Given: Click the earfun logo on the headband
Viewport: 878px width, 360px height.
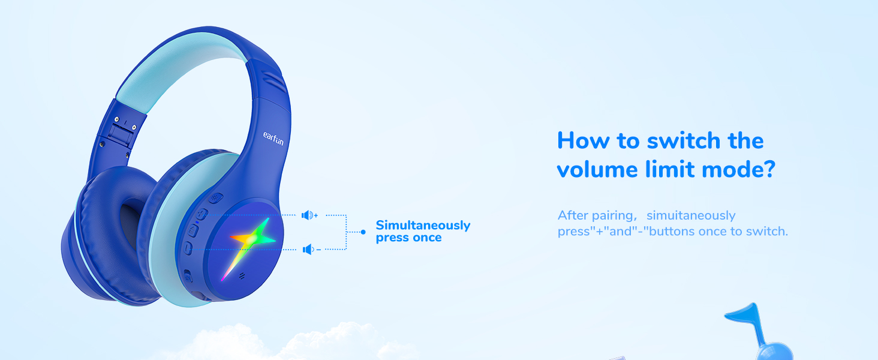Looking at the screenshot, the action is coord(273,139).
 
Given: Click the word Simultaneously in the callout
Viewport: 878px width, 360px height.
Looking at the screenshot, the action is coord(423,226).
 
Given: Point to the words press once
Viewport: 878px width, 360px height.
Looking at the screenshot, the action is coord(409,238).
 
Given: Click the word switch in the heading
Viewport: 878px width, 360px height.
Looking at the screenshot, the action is coord(684,140).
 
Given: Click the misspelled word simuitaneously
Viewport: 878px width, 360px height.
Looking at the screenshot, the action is coord(691,215).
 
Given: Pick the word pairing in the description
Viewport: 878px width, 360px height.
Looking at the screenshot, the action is coord(612,215).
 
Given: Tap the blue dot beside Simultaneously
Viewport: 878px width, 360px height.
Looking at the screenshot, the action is coord(363,232).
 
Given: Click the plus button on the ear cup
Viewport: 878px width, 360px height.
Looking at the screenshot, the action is coord(201,214).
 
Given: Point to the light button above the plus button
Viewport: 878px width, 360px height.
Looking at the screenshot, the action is coord(215,198).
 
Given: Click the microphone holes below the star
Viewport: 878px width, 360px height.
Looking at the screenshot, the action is coord(242,275).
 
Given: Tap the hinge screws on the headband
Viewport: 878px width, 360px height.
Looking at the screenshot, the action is coord(125,123).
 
